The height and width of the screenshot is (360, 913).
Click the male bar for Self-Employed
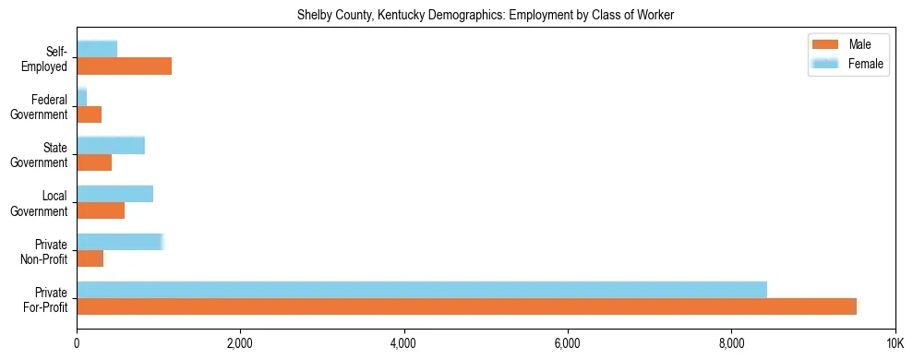[124, 66]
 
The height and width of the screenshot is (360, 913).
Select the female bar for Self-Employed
[97, 49]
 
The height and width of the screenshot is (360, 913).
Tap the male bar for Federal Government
[89, 114]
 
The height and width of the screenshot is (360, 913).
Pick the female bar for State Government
[111, 145]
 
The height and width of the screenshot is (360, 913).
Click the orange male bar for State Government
[94, 162]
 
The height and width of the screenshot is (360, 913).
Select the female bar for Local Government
[114, 194]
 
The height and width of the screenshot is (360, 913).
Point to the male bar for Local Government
[101, 211]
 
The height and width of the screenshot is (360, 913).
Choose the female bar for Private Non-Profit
[120, 242]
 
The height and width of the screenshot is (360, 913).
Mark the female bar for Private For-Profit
[422, 290]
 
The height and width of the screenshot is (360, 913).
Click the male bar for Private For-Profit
[467, 307]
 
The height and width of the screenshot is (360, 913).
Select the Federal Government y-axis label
[43, 107]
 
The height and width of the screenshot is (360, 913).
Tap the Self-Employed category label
[49, 59]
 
